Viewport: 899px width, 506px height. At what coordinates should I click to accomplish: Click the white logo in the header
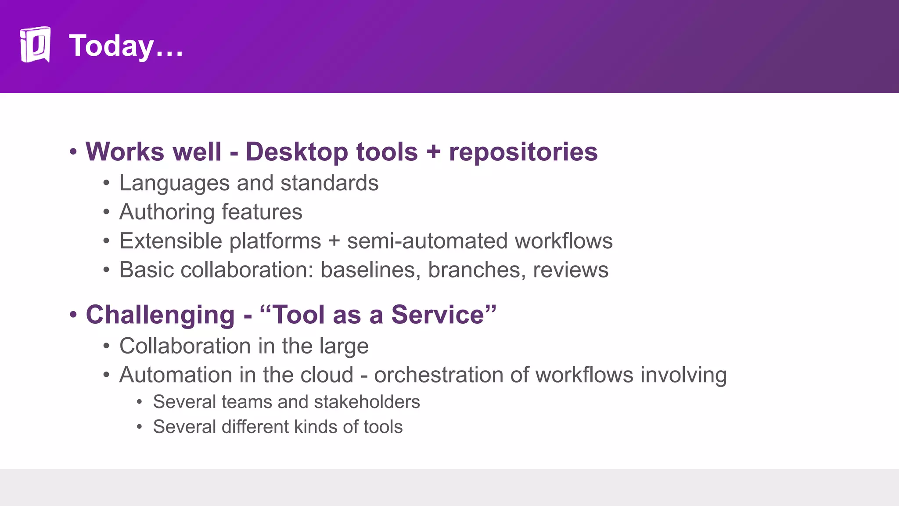coord(35,45)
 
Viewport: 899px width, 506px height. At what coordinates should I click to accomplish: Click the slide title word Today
coord(112,46)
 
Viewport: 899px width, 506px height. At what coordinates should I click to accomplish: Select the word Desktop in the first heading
coord(297,152)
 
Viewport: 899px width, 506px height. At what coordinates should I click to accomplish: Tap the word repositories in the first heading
coord(523,152)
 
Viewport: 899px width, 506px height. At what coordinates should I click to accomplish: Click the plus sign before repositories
coord(433,152)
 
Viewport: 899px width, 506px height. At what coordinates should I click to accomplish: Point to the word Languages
coord(174,183)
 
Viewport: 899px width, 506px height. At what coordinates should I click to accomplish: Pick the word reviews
coord(571,270)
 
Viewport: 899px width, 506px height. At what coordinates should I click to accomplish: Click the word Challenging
coord(160,315)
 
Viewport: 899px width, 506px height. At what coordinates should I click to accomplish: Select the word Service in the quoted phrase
coord(443,315)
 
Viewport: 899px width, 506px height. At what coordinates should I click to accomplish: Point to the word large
coord(344,346)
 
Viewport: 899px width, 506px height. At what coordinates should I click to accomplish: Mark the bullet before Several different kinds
coord(139,427)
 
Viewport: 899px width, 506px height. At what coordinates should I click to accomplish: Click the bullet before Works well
coord(73,152)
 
